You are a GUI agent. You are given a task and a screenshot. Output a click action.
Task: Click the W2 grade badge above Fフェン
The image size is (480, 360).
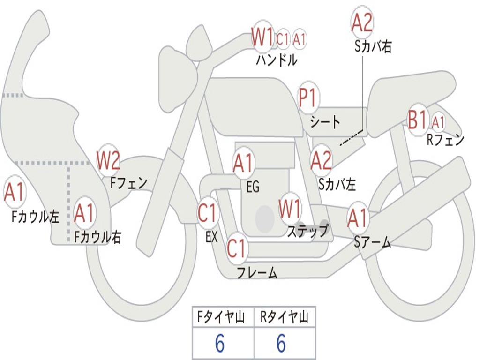pos(108,160)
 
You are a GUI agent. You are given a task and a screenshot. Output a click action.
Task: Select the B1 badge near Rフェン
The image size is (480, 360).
pos(418,120)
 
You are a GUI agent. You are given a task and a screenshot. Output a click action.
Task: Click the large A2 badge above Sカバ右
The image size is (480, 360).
pos(362,22)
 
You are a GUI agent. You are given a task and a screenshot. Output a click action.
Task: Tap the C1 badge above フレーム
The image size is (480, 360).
pos(237,248)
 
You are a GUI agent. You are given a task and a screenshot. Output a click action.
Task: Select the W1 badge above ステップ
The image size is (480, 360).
pos(290,209)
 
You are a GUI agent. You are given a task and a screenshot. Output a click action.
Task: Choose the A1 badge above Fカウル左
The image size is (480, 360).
pos(14,192)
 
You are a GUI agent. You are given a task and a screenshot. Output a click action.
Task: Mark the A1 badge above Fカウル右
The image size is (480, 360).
pos(84,213)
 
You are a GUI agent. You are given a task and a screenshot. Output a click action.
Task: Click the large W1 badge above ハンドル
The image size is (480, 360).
pos(262,37)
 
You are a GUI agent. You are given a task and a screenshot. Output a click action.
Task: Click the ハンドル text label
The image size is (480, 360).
pos(277,60)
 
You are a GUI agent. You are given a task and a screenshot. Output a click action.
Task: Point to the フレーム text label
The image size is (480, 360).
pos(257,272)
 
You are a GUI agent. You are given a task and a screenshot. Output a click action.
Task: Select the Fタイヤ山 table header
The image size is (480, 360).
pos(223,318)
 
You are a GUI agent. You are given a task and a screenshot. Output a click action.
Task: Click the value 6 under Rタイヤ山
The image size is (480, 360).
pos(281,344)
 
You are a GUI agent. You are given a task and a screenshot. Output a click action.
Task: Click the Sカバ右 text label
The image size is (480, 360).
pos(373,47)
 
